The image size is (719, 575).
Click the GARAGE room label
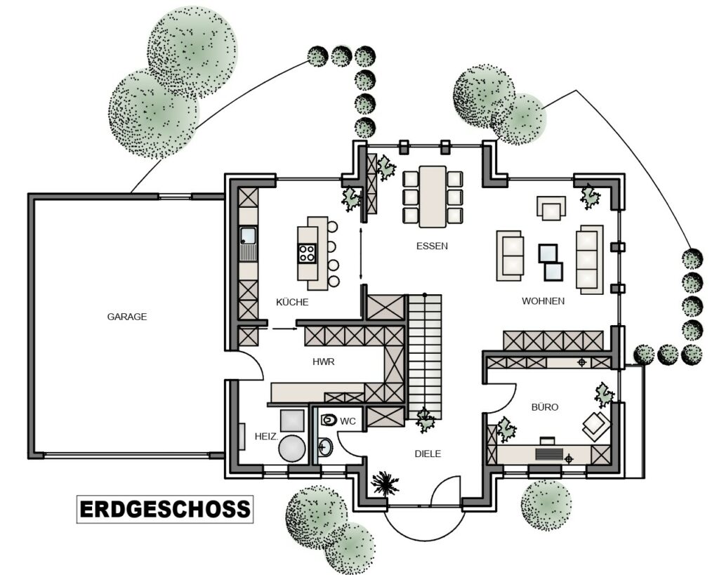click(x=127, y=317)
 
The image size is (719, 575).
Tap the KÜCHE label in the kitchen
click(x=292, y=302)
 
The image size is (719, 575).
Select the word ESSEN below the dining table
click(x=432, y=246)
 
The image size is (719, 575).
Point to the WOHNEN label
click(x=543, y=300)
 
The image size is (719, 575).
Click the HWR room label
click(x=323, y=362)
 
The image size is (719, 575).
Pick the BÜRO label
click(x=545, y=407)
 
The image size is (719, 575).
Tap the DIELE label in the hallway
click(x=428, y=454)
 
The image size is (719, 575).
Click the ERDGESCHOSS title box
click(x=165, y=509)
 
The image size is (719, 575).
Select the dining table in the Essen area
click(x=433, y=197)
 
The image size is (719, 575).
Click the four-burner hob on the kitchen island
click(x=308, y=253)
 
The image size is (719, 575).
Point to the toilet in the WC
click(x=329, y=419)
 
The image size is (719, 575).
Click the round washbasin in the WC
click(x=325, y=447)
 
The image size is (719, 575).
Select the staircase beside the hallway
click(x=425, y=356)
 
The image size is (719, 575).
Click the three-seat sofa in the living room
click(x=590, y=259)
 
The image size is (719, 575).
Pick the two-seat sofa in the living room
click(x=510, y=256)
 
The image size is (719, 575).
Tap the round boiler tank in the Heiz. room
click(x=292, y=449)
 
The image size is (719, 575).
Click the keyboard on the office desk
click(x=549, y=454)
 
